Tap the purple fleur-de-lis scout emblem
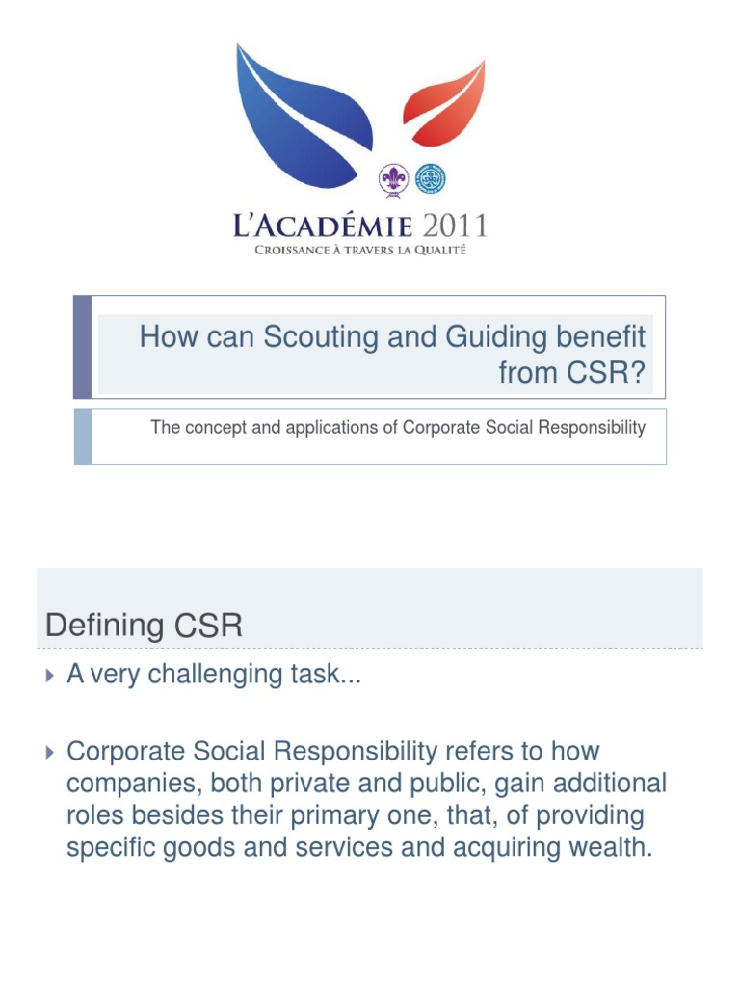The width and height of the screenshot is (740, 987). coord(391,179)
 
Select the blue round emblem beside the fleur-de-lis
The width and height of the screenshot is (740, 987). coord(430,178)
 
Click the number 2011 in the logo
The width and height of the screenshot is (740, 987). coord(451,227)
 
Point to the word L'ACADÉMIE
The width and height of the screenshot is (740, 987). coord(323,227)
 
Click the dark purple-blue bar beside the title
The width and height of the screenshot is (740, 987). coord(83,347)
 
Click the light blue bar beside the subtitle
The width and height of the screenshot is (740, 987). coord(83,436)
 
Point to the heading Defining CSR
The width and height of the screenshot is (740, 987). coord(144,626)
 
